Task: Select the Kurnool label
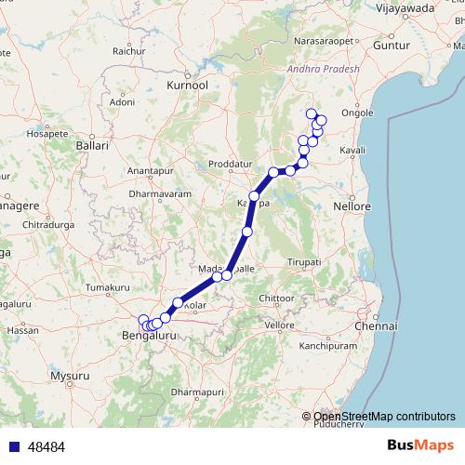(186, 85)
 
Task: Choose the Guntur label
(390, 45)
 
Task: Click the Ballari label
(93, 146)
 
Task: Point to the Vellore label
(279, 325)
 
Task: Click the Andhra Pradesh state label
(317, 67)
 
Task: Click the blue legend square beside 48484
(9, 447)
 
